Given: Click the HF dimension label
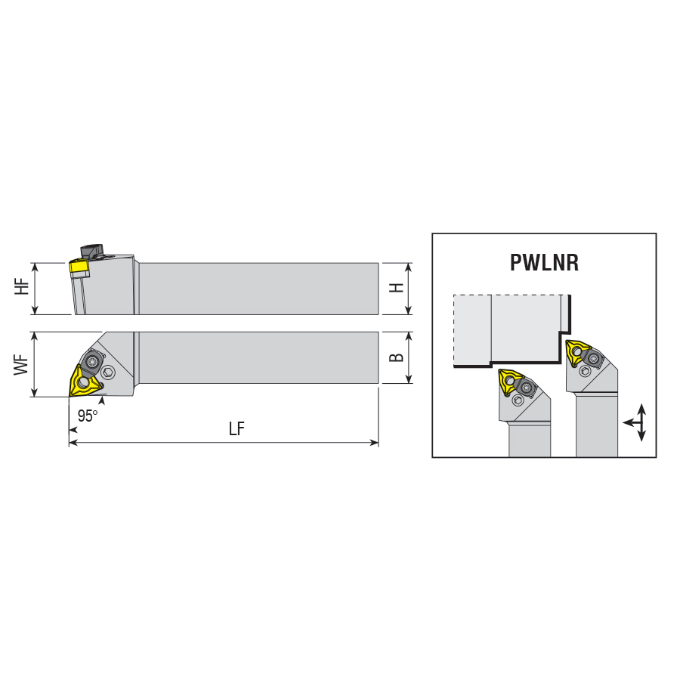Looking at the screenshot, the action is (22, 287).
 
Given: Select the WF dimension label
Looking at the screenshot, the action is (21, 365).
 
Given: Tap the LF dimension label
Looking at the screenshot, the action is (236, 429).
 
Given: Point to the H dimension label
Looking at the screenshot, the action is (397, 288).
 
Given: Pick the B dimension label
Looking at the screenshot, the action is (397, 357).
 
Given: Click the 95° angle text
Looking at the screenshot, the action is (88, 416).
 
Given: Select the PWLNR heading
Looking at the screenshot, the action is (544, 262).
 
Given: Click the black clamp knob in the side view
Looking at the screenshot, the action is (91, 252).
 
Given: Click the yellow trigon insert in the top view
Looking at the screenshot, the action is (84, 382).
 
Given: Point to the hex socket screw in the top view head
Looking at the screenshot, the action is (107, 372).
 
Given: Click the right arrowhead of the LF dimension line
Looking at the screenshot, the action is (374, 443).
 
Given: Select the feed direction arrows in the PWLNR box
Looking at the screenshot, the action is (637, 422).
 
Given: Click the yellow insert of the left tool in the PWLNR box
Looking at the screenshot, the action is (511, 382).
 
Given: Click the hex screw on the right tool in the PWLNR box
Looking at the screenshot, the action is (586, 372).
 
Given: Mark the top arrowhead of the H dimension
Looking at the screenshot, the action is (408, 267).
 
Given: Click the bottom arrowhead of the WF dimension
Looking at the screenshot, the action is (35, 392).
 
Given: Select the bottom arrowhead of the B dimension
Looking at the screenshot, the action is (408, 379).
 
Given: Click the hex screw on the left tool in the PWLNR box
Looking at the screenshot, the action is (518, 400).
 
